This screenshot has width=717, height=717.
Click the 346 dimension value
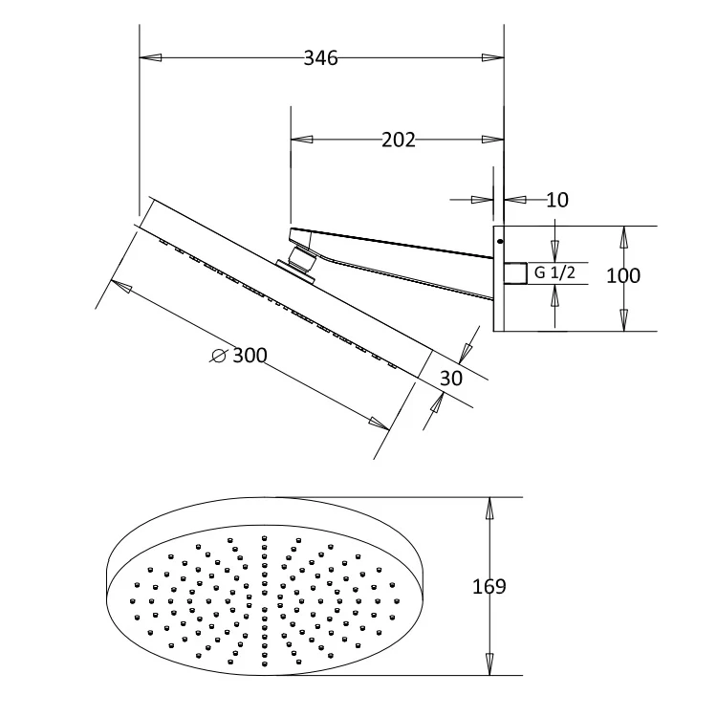[321, 58]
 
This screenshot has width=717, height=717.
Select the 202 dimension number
[399, 141]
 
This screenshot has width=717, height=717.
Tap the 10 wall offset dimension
[557, 200]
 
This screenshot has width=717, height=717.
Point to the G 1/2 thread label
[554, 273]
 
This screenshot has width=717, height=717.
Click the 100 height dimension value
[623, 275]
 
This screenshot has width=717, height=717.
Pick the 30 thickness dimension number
[450, 378]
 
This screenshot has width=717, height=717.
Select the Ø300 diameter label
[239, 356]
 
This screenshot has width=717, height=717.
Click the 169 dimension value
[489, 586]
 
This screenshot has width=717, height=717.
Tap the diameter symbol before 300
[218, 356]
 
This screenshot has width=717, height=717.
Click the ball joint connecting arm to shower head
[298, 260]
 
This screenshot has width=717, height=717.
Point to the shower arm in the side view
[402, 258]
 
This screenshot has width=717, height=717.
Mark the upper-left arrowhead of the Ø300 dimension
[119, 284]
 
